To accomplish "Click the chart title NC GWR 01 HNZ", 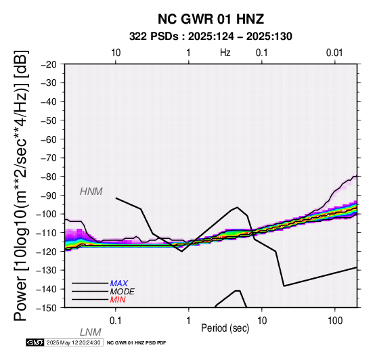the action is pyautogui.click(x=211, y=19).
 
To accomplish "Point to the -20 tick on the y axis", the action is pyautogui.click(x=49, y=64).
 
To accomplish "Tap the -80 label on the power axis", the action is pyautogui.click(x=49, y=177).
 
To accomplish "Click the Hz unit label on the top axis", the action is pyautogui.click(x=225, y=53).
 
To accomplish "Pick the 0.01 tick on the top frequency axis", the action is pyautogui.click(x=334, y=53).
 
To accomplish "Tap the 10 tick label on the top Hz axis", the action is pyautogui.click(x=116, y=53).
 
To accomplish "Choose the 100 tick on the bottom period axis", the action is pyautogui.click(x=335, y=321).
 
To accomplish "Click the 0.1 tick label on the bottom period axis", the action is pyautogui.click(x=116, y=321).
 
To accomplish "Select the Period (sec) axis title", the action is pyautogui.click(x=225, y=328).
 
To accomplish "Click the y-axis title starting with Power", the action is pyautogui.click(x=20, y=185).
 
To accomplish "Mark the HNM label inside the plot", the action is pyautogui.click(x=91, y=192).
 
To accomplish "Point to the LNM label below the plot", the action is pyautogui.click(x=91, y=332).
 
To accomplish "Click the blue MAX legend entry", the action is pyautogui.click(x=119, y=284).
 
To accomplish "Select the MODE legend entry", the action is pyautogui.click(x=122, y=292).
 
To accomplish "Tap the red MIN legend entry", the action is pyautogui.click(x=118, y=300).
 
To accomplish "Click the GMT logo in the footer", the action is pyautogui.click(x=35, y=342).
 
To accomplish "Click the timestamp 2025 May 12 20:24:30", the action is pyautogui.click(x=73, y=342).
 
